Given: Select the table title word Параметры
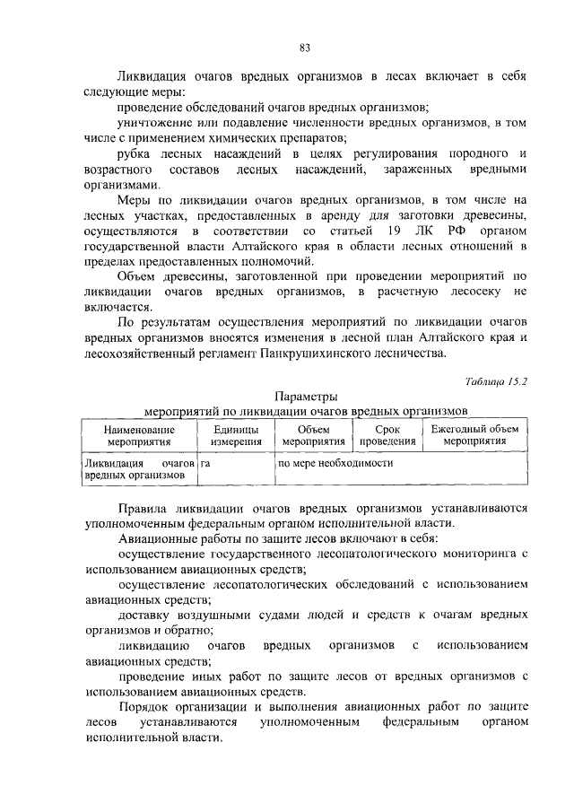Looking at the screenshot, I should tap(305, 396).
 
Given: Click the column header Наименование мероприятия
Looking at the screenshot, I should tap(138, 436).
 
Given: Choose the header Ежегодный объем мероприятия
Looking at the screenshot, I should tap(474, 436).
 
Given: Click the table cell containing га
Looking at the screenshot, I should tap(207, 464).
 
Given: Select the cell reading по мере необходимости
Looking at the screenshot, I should tap(336, 464).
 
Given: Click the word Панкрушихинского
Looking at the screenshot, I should tap(313, 354).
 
